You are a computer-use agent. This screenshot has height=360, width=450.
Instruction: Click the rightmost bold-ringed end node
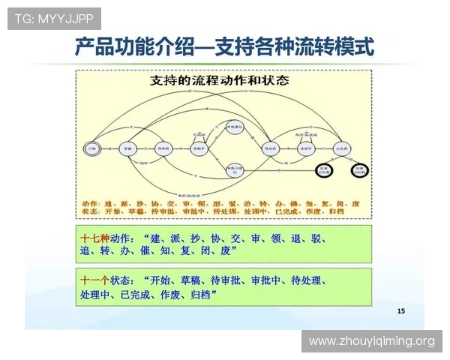pyautogui.click(x=361, y=170)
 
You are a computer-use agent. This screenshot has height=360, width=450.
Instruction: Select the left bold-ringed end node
pyautogui.click(x=323, y=170)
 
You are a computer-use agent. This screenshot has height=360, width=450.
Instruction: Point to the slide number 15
pyautogui.click(x=400, y=310)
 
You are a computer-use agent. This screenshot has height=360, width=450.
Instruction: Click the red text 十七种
pyautogui.click(x=95, y=237)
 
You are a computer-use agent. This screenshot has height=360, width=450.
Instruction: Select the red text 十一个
pyautogui.click(x=95, y=280)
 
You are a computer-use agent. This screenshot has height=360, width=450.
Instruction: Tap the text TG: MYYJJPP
pyautogui.click(x=53, y=18)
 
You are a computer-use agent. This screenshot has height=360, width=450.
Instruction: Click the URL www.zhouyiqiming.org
pyautogui.click(x=371, y=341)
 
